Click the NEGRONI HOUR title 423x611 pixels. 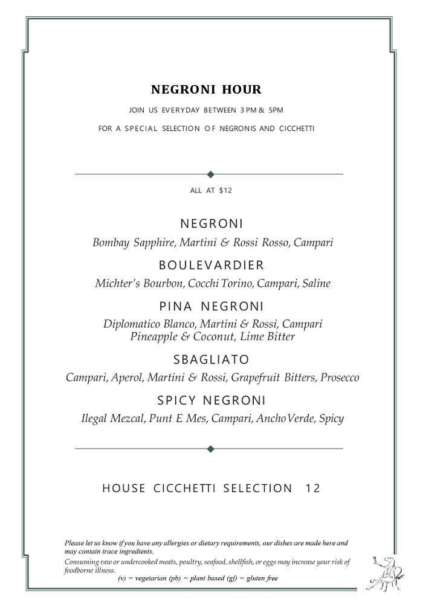pyautogui.click(x=206, y=90)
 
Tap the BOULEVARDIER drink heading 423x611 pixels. pyautogui.click(x=211, y=265)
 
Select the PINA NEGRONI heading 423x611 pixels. pyautogui.click(x=211, y=306)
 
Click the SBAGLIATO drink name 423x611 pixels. pyautogui.click(x=211, y=360)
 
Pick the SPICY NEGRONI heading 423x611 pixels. pyautogui.click(x=211, y=400)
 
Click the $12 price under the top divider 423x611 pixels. pyautogui.click(x=225, y=191)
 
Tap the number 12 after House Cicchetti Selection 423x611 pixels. pyautogui.click(x=313, y=488)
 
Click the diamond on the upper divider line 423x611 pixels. pyautogui.click(x=210, y=174)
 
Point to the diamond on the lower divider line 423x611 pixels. pyautogui.click(x=210, y=449)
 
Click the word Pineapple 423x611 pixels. pyautogui.click(x=154, y=337)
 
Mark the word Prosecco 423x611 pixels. pyautogui.click(x=340, y=378)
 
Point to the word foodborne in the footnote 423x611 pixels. pyautogui.click(x=80, y=571)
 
